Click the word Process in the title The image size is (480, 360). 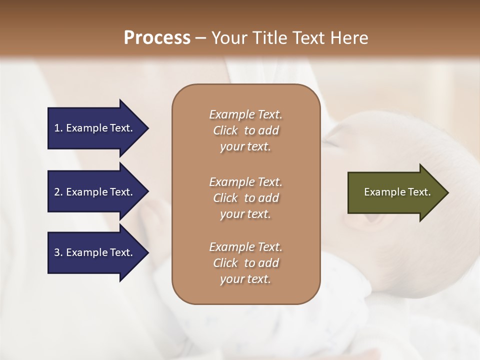(157, 38)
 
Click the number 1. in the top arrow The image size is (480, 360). (58, 128)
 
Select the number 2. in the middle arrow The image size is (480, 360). (58, 192)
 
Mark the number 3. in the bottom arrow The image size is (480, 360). (58, 252)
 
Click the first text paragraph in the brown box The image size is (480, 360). (245, 130)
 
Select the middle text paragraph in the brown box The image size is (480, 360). (245, 198)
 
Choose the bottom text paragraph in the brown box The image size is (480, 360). (245, 263)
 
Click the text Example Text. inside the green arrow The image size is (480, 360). (397, 192)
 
